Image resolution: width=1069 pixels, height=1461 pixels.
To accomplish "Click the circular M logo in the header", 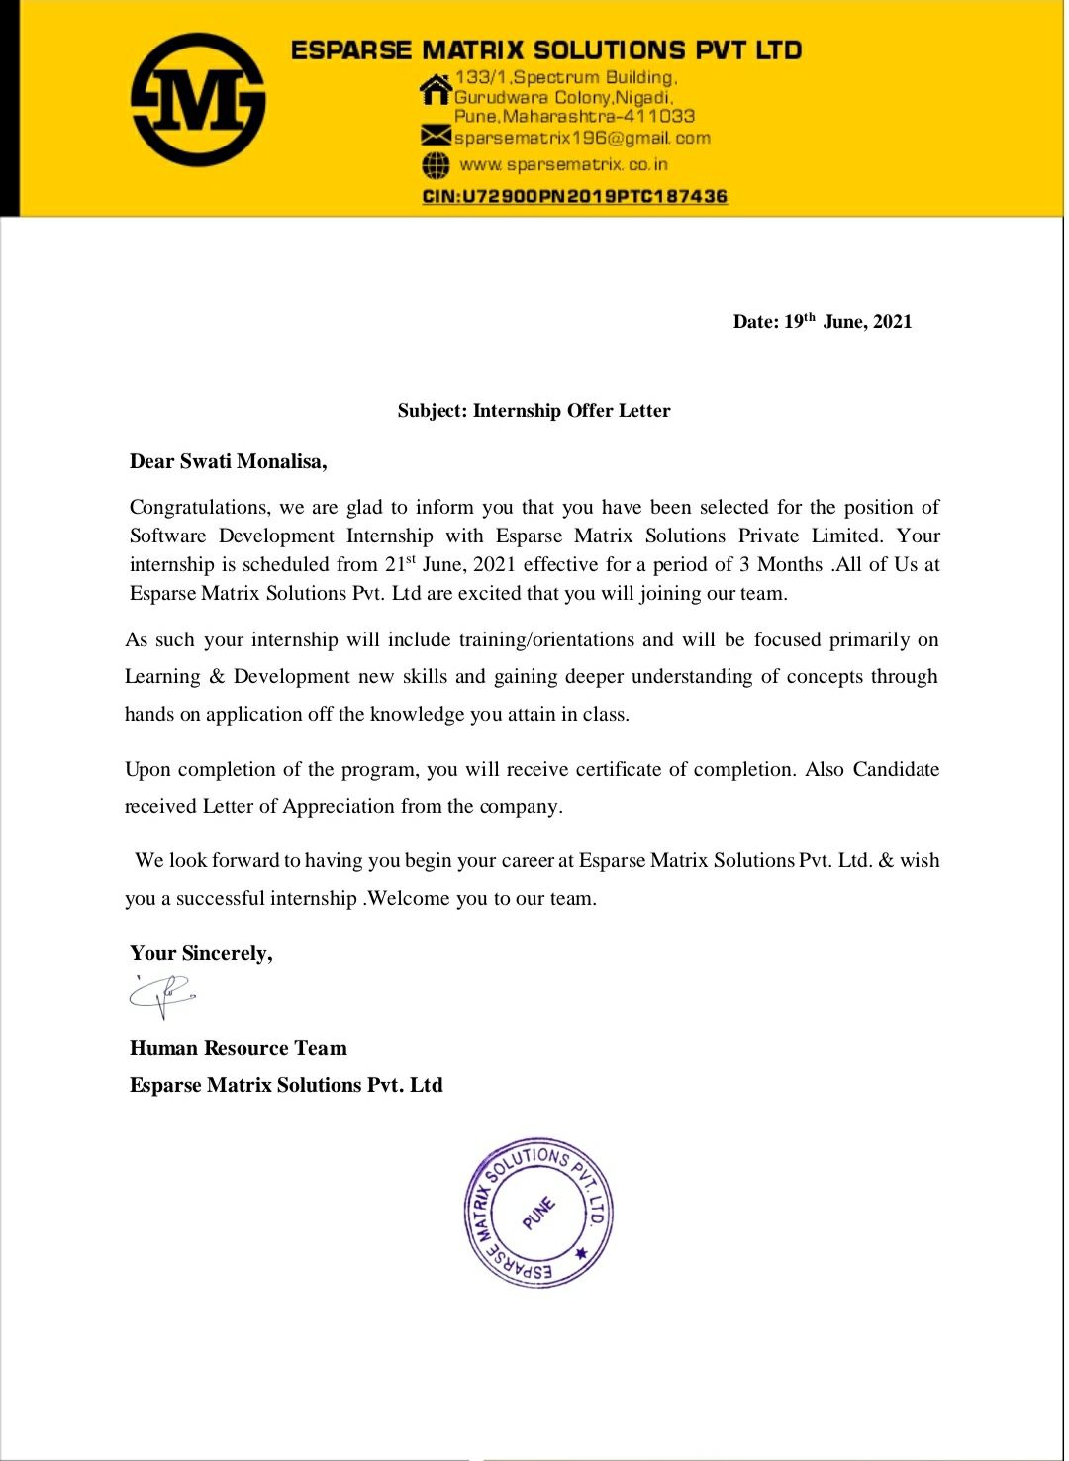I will click(198, 100).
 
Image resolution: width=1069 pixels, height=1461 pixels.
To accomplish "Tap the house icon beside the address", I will click(436, 89).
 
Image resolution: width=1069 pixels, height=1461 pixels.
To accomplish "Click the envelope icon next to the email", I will click(436, 136).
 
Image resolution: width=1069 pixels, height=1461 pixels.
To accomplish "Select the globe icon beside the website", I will click(436, 164).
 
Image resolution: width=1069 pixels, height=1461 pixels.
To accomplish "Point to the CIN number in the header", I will click(575, 196).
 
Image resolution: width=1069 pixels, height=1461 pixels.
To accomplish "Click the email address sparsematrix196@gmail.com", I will click(582, 138).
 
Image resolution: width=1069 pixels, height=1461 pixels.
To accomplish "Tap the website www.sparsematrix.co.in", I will click(563, 164).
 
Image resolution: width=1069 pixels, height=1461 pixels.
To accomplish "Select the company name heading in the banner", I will click(546, 50).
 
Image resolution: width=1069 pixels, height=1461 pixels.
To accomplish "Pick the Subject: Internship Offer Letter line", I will click(534, 411).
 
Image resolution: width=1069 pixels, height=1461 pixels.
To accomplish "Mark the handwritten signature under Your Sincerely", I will click(162, 994).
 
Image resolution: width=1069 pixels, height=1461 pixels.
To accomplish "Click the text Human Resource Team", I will click(239, 1049).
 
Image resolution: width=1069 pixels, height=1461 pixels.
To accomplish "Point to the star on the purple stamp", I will click(582, 1253).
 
